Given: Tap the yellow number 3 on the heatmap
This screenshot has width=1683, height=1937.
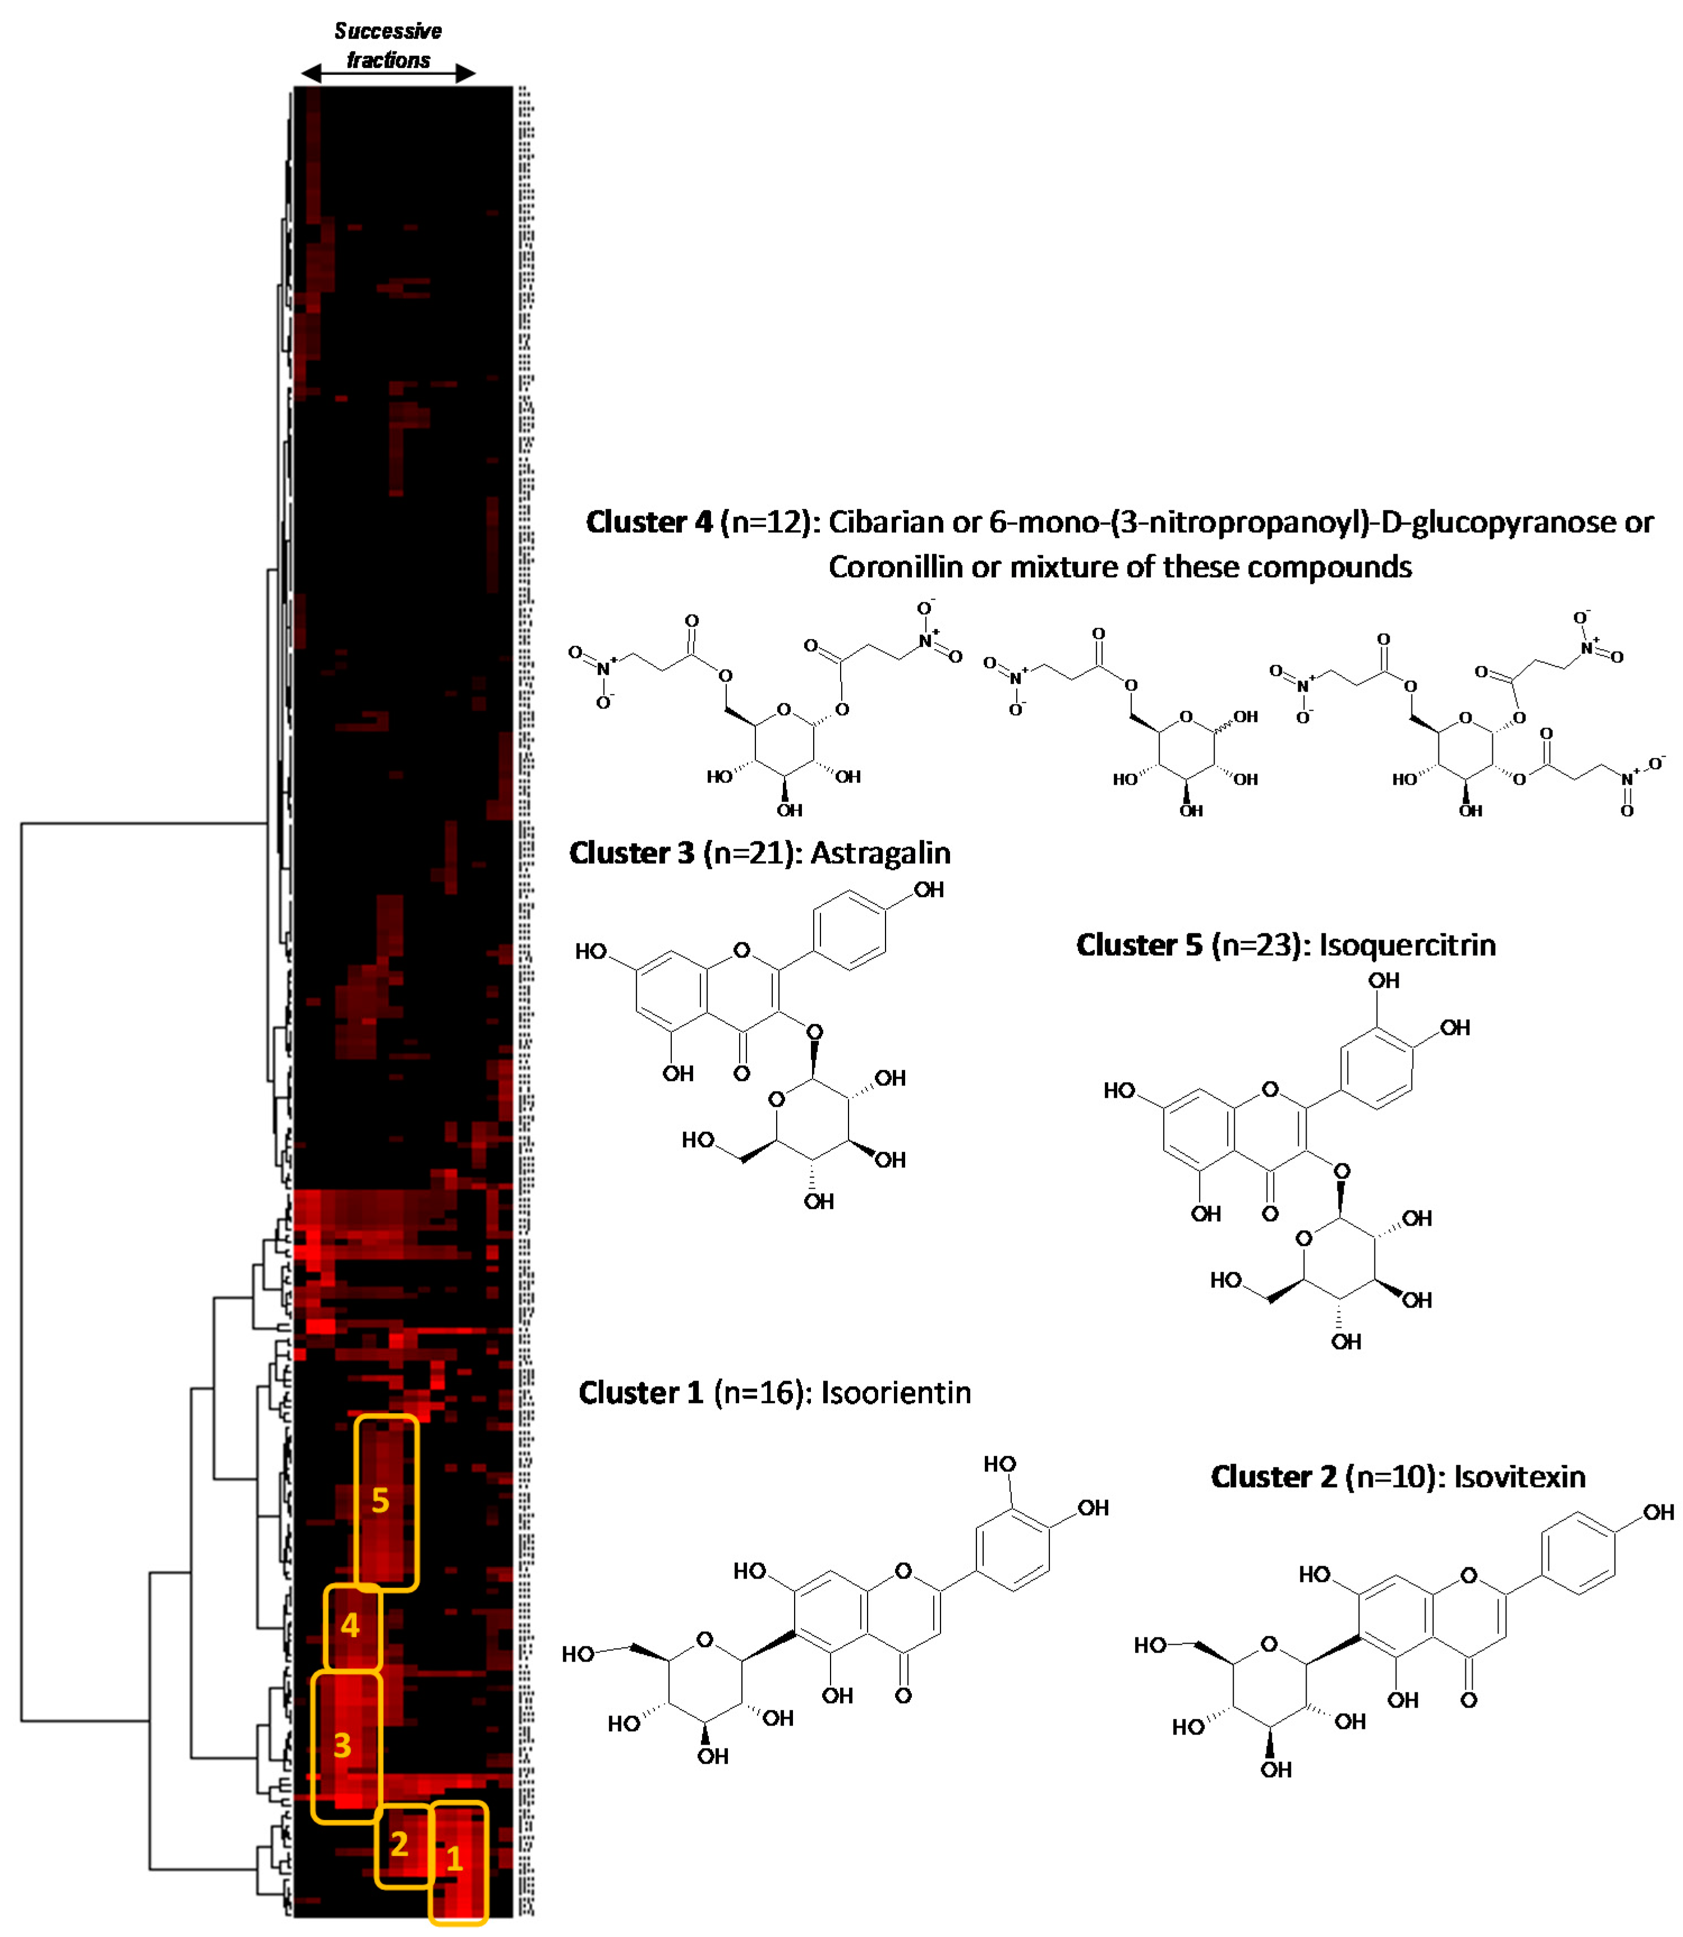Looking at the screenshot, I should coord(343,1745).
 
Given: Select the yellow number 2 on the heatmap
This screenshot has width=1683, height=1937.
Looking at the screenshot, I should coord(400,1844).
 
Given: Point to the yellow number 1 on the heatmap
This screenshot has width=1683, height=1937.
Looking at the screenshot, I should coord(455,1859).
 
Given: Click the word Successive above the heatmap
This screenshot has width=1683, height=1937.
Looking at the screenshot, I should coord(388,31).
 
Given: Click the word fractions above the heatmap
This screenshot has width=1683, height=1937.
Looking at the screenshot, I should coord(388,60).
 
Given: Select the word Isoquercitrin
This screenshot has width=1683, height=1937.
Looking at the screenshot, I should coord(1407,945).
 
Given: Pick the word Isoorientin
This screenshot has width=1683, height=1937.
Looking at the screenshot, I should coord(896,1392).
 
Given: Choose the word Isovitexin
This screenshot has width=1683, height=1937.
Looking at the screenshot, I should coord(1520,1476).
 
